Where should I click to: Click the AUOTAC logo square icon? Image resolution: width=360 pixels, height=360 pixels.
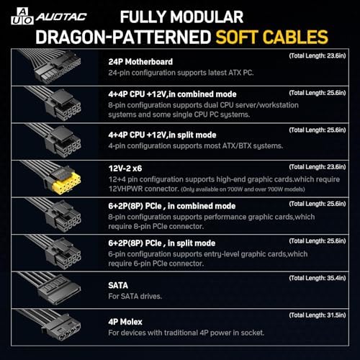22,16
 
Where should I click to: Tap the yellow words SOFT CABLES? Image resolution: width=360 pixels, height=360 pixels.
271,37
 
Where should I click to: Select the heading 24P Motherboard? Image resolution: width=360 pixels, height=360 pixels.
140,62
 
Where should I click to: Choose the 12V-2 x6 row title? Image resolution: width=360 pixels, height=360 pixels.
125,168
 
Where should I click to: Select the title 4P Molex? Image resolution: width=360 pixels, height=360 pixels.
125,322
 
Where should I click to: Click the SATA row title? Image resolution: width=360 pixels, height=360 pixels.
118,285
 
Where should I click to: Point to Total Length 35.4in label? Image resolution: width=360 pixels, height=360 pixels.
318,278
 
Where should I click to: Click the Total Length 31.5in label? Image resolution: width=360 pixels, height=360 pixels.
318,315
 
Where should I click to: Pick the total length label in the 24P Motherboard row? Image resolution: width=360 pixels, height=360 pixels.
318,55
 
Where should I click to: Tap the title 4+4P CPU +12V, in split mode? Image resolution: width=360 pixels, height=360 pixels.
162,135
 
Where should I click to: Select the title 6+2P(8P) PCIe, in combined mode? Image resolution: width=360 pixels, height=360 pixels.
172,206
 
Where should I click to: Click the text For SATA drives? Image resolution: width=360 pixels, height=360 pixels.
135,296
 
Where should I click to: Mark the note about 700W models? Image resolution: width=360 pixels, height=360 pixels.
243,189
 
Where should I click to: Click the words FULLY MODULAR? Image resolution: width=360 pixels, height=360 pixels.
181,17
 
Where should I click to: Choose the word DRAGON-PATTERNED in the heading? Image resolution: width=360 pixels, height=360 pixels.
123,37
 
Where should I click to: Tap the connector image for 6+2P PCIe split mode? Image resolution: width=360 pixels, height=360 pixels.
56,253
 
